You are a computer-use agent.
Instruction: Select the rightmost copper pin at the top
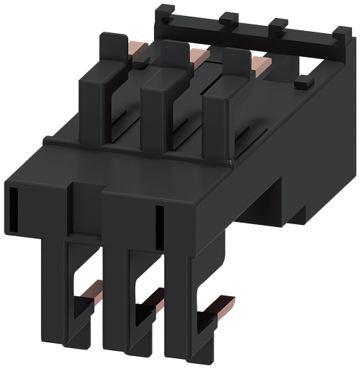[x=260, y=65]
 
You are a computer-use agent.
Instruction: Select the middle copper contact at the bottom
[x=151, y=299]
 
